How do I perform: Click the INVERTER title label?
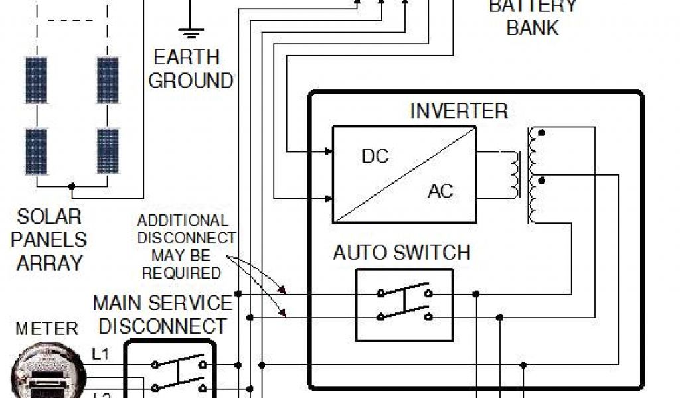(x=458, y=111)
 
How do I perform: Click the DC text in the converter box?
(x=375, y=157)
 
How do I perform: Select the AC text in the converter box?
(x=440, y=191)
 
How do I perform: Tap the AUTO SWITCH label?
(x=401, y=253)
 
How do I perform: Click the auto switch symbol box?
(x=404, y=305)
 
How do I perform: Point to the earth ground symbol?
(x=191, y=29)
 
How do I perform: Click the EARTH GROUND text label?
(x=191, y=69)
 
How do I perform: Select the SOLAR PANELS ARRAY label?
(x=48, y=239)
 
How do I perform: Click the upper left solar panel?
(x=37, y=80)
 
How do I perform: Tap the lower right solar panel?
(x=108, y=151)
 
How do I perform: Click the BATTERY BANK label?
(x=533, y=18)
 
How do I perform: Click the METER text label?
(x=46, y=328)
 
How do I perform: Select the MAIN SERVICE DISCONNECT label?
(x=163, y=314)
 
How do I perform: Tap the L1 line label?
(x=100, y=354)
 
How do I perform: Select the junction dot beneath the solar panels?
(x=72, y=187)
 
